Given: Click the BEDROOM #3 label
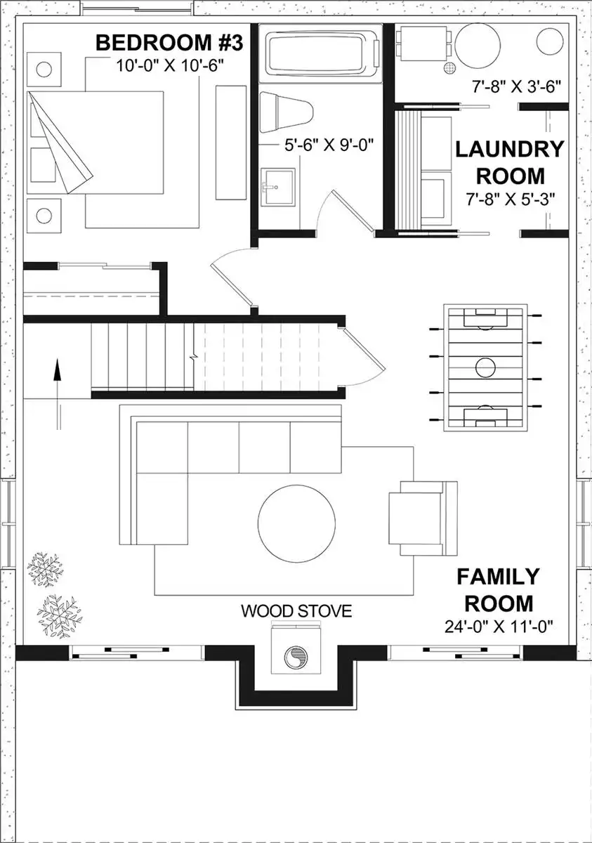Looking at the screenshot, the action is [x=169, y=43].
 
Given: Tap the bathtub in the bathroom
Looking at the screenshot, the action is [x=321, y=53].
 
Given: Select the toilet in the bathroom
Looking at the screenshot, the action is [x=287, y=112].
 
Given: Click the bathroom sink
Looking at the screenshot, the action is [x=278, y=186].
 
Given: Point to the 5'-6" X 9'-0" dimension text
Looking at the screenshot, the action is [x=329, y=145].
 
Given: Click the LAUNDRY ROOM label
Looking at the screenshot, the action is [x=510, y=162].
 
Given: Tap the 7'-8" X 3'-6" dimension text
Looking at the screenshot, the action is [x=516, y=87].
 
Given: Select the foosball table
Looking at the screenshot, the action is [x=485, y=367].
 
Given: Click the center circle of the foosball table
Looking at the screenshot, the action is [x=485, y=367].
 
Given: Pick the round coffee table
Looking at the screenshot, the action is [x=296, y=523].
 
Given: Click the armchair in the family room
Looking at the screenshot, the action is [x=423, y=518].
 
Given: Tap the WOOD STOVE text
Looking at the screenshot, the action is [x=296, y=610].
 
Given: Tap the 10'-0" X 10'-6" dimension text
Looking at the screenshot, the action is [x=170, y=66].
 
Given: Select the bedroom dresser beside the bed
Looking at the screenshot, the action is [x=231, y=143].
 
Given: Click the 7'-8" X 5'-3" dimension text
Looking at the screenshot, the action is [x=511, y=199].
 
